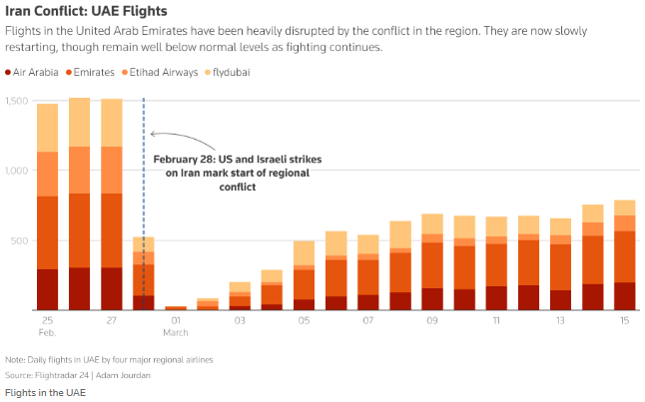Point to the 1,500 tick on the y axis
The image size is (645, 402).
pos(17,101)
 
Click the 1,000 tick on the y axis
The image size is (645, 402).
pos(17,171)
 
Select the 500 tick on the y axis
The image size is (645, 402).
pos(20,240)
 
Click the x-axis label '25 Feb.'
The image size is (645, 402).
pos(47,326)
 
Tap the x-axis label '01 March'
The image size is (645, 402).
pos(177,326)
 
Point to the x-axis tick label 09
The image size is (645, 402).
pos(431,321)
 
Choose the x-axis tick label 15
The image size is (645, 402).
pos(624,321)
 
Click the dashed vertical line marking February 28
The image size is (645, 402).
pos(144,200)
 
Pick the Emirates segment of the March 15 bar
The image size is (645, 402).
pos(624,256)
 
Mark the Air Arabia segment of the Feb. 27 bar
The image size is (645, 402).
pos(112,288)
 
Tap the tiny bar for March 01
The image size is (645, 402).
pos(176,308)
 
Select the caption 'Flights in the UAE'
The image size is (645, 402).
pos(45,392)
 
